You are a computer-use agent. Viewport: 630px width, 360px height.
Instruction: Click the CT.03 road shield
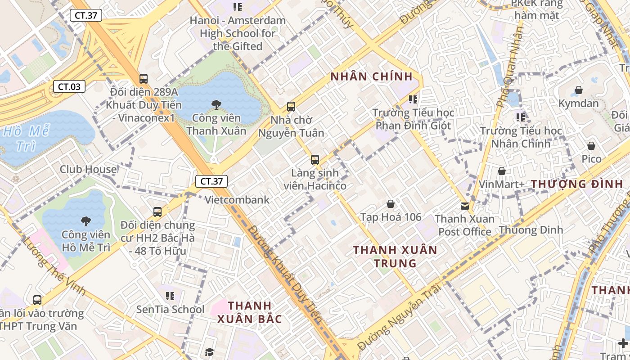tap(69, 87)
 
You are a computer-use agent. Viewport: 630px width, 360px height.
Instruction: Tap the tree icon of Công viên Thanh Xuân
tap(216, 105)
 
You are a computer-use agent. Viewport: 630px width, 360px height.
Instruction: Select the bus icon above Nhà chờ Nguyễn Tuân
tap(291, 107)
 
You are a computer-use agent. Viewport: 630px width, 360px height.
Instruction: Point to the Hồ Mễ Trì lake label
tap(26, 139)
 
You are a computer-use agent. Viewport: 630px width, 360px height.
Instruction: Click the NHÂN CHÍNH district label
tap(372, 76)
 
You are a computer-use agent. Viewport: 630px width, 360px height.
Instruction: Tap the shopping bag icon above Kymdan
tap(579, 90)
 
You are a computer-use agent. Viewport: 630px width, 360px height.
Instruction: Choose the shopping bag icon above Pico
tap(591, 146)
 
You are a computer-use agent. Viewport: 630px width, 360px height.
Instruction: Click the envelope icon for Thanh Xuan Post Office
tap(464, 206)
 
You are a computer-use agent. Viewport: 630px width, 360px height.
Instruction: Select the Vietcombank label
tap(237, 200)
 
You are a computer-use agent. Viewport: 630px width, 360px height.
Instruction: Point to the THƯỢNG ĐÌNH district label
tap(577, 184)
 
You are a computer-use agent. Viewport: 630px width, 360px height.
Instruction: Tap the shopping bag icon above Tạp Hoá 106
tap(391, 204)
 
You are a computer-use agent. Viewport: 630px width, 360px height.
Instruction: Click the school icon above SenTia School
tap(170, 296)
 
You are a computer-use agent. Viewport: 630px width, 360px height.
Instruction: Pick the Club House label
tap(89, 169)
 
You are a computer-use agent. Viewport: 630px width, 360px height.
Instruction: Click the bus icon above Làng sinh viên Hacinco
tap(315, 159)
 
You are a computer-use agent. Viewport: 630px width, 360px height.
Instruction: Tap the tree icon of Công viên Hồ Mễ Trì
tap(85, 221)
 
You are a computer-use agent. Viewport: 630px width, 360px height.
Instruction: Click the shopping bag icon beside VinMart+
tap(501, 171)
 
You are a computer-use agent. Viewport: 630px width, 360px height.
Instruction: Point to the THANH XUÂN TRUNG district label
tap(395, 256)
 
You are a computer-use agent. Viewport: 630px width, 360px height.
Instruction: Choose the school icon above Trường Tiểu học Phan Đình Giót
tap(413, 99)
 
